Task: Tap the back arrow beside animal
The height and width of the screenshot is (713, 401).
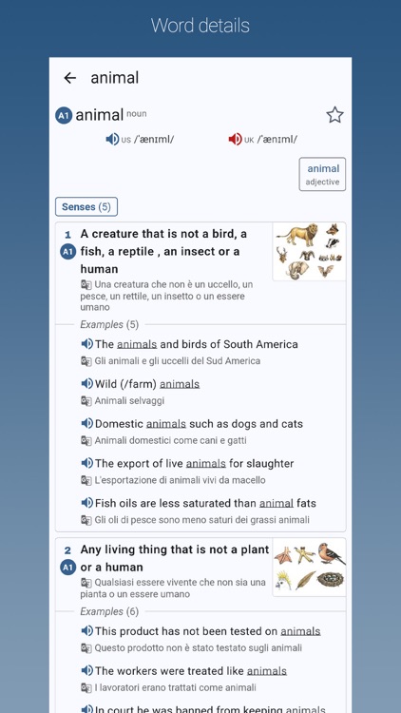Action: pos(69,78)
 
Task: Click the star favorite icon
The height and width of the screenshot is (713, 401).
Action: pos(334,115)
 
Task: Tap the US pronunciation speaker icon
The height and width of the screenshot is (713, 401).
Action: pos(112,140)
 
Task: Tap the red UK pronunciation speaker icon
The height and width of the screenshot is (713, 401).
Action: pos(235,140)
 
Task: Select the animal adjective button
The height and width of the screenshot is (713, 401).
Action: pos(322,175)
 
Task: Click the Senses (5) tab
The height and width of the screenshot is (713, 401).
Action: pos(86,206)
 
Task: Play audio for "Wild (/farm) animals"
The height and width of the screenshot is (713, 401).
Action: pos(86,384)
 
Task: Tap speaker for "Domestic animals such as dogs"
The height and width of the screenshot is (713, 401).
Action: pos(86,424)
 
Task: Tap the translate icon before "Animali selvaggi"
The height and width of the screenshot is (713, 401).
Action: pos(86,401)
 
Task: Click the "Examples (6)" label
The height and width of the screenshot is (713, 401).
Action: pos(109,611)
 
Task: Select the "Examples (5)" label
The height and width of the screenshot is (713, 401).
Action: pos(109,324)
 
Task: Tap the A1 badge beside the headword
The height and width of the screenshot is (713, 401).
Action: pos(64,116)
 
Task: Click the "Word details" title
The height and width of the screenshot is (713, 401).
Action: pos(200,26)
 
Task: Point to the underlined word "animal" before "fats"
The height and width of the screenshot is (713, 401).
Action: pos(276,504)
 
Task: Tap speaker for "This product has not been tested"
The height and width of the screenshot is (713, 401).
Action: pos(86,631)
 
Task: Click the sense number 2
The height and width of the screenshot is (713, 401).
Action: pos(67,550)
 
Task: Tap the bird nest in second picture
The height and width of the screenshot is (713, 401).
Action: pos(332,579)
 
